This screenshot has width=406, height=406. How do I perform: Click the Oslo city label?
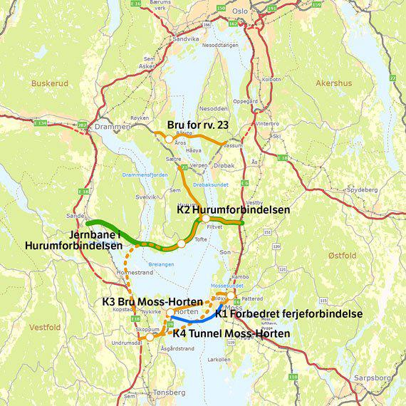coord(239,11)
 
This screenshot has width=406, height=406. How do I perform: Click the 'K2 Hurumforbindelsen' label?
coord(233,210)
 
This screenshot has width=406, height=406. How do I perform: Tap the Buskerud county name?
coord(47,83)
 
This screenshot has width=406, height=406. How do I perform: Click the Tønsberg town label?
coord(169,392)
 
